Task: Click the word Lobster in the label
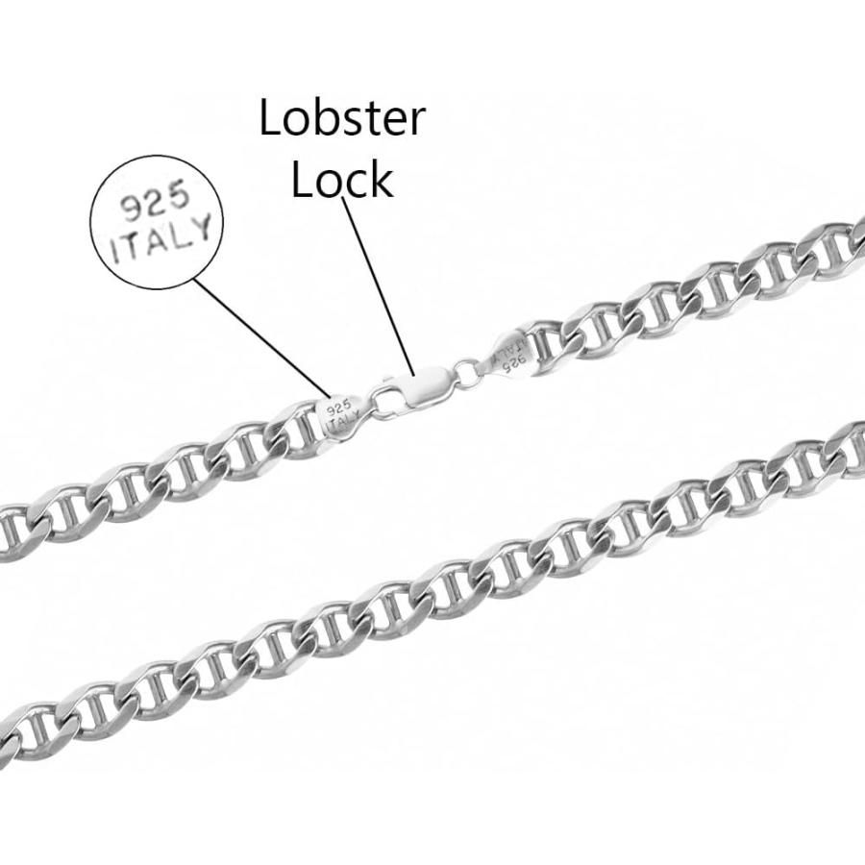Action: [342, 119]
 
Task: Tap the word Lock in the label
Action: [342, 179]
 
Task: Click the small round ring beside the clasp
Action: [468, 371]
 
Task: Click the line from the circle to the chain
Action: [259, 336]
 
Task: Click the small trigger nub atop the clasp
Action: [393, 382]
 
